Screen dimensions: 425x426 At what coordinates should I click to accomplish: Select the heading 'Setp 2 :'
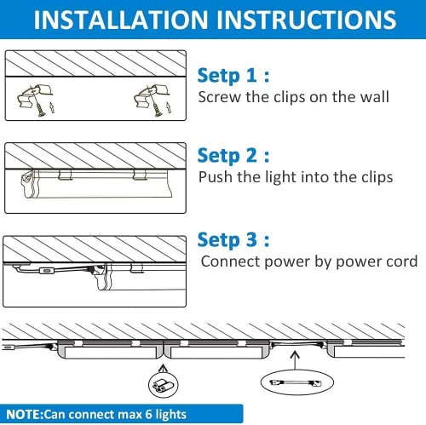(x=233, y=155)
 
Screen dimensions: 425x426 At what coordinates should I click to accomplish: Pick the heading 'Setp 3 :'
(x=233, y=238)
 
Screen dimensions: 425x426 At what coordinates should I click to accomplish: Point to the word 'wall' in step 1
(x=372, y=96)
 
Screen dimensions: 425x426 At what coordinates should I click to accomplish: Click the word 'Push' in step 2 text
(x=214, y=177)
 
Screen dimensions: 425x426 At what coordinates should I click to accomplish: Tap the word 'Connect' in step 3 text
(x=229, y=261)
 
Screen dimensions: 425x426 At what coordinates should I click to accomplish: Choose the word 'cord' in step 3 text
(x=400, y=261)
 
